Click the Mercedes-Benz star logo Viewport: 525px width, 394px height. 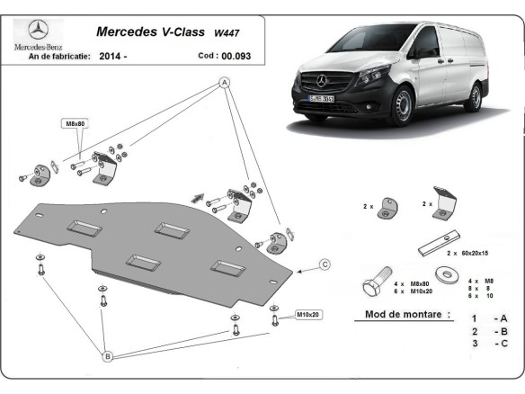[36, 28]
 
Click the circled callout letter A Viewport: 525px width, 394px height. [224, 84]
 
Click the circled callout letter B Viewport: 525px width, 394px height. [106, 356]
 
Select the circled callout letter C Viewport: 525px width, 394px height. [325, 264]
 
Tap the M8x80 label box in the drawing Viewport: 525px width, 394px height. [74, 122]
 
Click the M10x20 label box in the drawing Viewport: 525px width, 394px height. [308, 316]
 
